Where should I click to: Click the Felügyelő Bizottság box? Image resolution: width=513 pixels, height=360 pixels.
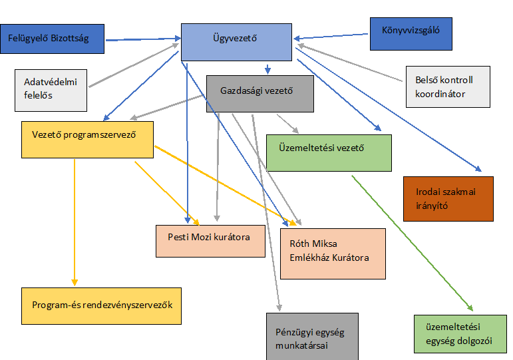(x=52, y=39)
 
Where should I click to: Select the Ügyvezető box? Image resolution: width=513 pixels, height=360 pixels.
(x=236, y=42)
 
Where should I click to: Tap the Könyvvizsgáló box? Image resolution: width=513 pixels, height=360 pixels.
(x=411, y=34)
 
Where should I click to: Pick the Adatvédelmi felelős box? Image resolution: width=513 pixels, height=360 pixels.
(x=51, y=90)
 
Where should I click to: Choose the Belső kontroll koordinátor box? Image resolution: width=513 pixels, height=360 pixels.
(x=448, y=87)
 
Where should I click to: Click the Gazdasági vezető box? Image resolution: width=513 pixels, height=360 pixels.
(x=260, y=94)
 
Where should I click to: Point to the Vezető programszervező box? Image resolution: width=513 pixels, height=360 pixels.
(x=87, y=140)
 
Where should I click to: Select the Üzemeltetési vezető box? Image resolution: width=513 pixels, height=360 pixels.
(x=329, y=153)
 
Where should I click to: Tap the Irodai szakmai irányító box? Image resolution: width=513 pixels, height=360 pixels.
(x=448, y=199)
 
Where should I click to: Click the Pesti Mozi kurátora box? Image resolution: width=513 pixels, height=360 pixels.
(x=210, y=241)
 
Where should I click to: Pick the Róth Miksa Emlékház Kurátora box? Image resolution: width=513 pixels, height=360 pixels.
(x=333, y=254)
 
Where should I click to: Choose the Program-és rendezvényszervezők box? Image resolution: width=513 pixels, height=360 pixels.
(x=101, y=306)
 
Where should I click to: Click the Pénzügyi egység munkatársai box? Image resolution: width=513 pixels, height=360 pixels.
(x=312, y=337)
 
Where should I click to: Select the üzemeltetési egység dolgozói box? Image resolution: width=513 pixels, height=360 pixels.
(x=460, y=334)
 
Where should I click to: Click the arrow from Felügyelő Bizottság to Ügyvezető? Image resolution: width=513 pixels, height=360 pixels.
(x=143, y=39)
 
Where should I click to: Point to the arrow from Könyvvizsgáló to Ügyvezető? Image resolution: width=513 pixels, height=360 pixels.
(x=331, y=37)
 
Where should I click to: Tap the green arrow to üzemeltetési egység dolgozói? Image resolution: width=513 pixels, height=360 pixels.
(x=413, y=243)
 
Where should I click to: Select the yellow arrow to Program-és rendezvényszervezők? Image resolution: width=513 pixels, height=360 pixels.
(x=75, y=222)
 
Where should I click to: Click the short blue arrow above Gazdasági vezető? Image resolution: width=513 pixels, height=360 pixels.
(x=267, y=69)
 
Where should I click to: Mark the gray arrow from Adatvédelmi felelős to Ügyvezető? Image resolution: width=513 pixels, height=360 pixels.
(x=134, y=65)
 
